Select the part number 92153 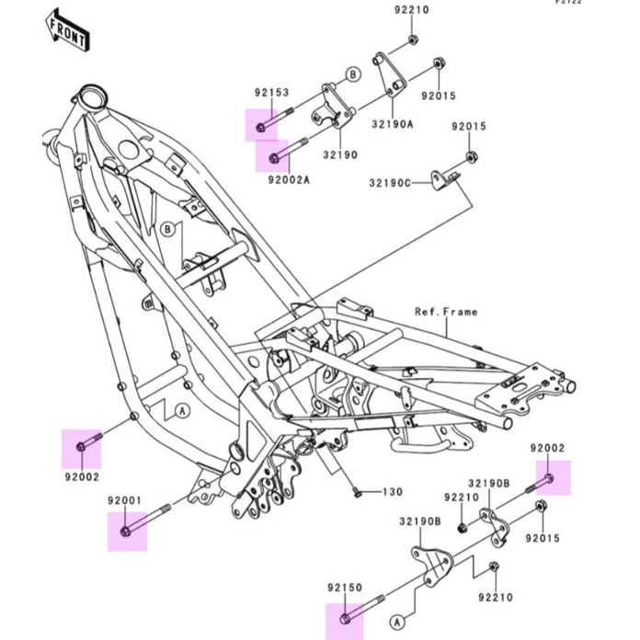click(x=272, y=92)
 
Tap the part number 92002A click(x=289, y=180)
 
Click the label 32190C click(x=390, y=183)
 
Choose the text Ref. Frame click(x=446, y=312)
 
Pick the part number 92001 click(x=125, y=500)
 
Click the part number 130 click(x=394, y=492)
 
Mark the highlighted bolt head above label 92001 click(x=126, y=531)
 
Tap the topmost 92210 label click(x=412, y=10)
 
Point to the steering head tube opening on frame click(x=91, y=95)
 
